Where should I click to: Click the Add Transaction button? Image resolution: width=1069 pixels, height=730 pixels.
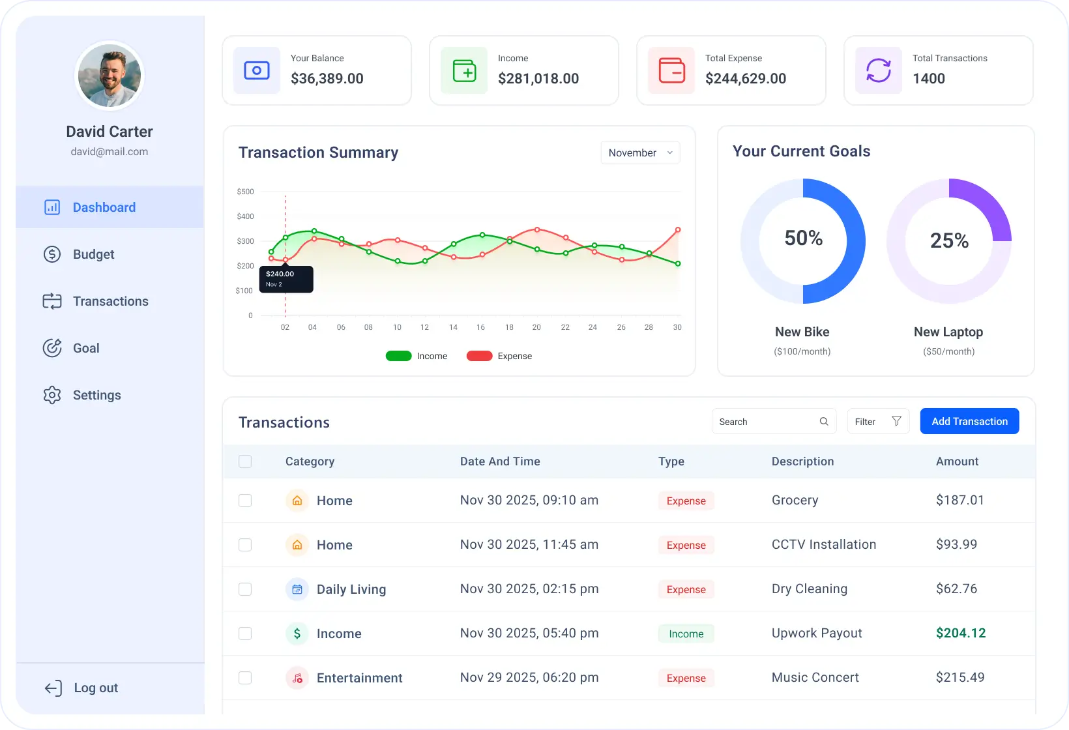point(969,421)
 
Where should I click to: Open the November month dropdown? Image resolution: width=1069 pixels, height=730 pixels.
point(640,153)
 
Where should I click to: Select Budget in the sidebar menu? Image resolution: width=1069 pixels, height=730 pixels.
point(93,254)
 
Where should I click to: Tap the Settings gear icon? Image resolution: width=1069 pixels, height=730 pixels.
point(52,395)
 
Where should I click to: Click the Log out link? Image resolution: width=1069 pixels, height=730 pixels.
point(95,688)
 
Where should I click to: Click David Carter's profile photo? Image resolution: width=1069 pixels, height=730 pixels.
point(110,76)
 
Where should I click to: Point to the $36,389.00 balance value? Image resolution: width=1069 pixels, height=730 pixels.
point(327,78)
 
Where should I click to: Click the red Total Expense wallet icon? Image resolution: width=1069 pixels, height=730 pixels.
point(671,70)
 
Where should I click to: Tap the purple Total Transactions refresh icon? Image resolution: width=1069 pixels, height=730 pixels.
point(878,70)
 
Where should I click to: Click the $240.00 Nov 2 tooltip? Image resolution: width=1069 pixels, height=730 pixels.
point(286,279)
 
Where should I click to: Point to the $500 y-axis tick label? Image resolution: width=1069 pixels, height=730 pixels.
point(245,192)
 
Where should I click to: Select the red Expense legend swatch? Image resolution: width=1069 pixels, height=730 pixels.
point(479,356)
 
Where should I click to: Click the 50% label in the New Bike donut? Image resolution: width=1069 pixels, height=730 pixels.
point(803,238)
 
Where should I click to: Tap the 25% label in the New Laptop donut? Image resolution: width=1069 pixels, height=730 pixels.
point(949,241)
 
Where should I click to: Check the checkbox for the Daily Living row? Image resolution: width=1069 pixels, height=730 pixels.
point(245,589)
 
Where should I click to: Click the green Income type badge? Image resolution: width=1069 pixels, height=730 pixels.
point(686,634)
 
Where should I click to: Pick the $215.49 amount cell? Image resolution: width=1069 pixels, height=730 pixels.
point(960,677)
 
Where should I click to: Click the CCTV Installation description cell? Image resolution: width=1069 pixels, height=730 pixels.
point(824,544)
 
